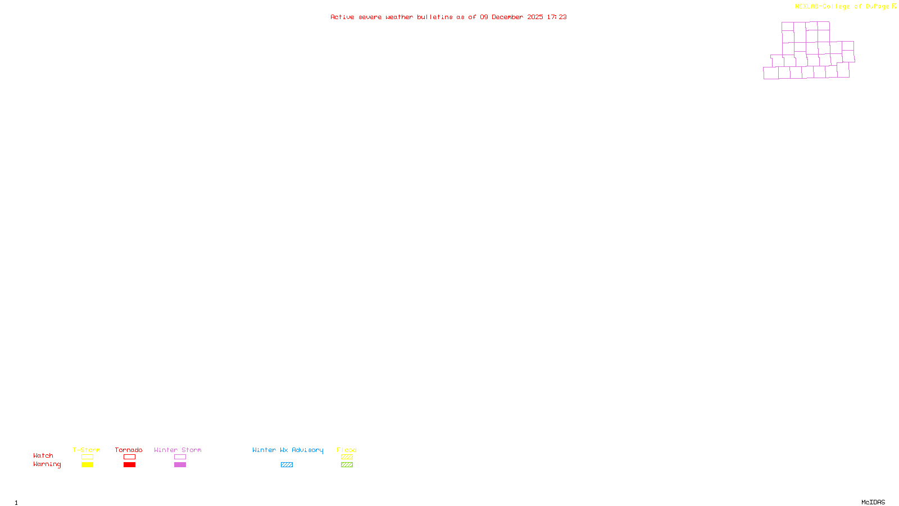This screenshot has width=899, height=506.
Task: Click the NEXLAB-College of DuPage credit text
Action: click(x=842, y=7)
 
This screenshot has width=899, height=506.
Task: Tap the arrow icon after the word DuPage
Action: click(x=894, y=6)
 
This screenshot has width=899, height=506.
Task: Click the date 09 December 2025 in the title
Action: click(x=511, y=17)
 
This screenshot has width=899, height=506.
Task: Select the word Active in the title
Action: click(x=342, y=17)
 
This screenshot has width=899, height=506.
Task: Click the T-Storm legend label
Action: click(x=87, y=450)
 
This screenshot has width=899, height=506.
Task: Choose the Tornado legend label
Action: click(x=129, y=450)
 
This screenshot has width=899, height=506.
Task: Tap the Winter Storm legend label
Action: click(x=178, y=450)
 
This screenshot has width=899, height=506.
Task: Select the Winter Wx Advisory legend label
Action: click(x=288, y=450)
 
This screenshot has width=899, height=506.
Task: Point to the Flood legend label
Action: click(x=347, y=450)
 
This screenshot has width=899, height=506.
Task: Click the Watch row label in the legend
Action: click(x=43, y=455)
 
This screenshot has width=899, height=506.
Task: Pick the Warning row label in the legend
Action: click(x=47, y=464)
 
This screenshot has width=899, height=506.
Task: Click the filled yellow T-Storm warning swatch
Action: click(x=87, y=465)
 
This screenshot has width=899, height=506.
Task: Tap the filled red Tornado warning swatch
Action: click(x=129, y=465)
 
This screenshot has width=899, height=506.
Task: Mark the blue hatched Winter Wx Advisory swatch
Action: click(x=287, y=465)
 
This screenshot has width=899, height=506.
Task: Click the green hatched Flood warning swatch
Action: click(x=347, y=465)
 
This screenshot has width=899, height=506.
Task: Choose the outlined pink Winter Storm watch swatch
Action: click(x=180, y=457)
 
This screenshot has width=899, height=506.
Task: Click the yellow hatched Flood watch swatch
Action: click(x=347, y=457)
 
